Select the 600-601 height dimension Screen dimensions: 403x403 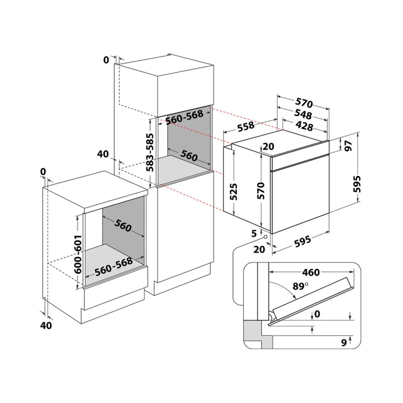pyautogui.click(x=78, y=250)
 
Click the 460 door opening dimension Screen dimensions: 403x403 pyautogui.click(x=311, y=272)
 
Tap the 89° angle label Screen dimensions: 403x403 pyautogui.click(x=300, y=286)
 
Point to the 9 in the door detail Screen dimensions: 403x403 pyautogui.click(x=344, y=343)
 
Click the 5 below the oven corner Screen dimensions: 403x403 pyautogui.click(x=254, y=233)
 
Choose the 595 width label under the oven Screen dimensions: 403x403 pyautogui.click(x=302, y=241)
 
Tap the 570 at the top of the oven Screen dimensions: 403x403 pyautogui.click(x=304, y=103)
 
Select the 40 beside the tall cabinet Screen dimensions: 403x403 pyautogui.click(x=103, y=154)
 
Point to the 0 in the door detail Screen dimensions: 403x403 pyautogui.click(x=317, y=314)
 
